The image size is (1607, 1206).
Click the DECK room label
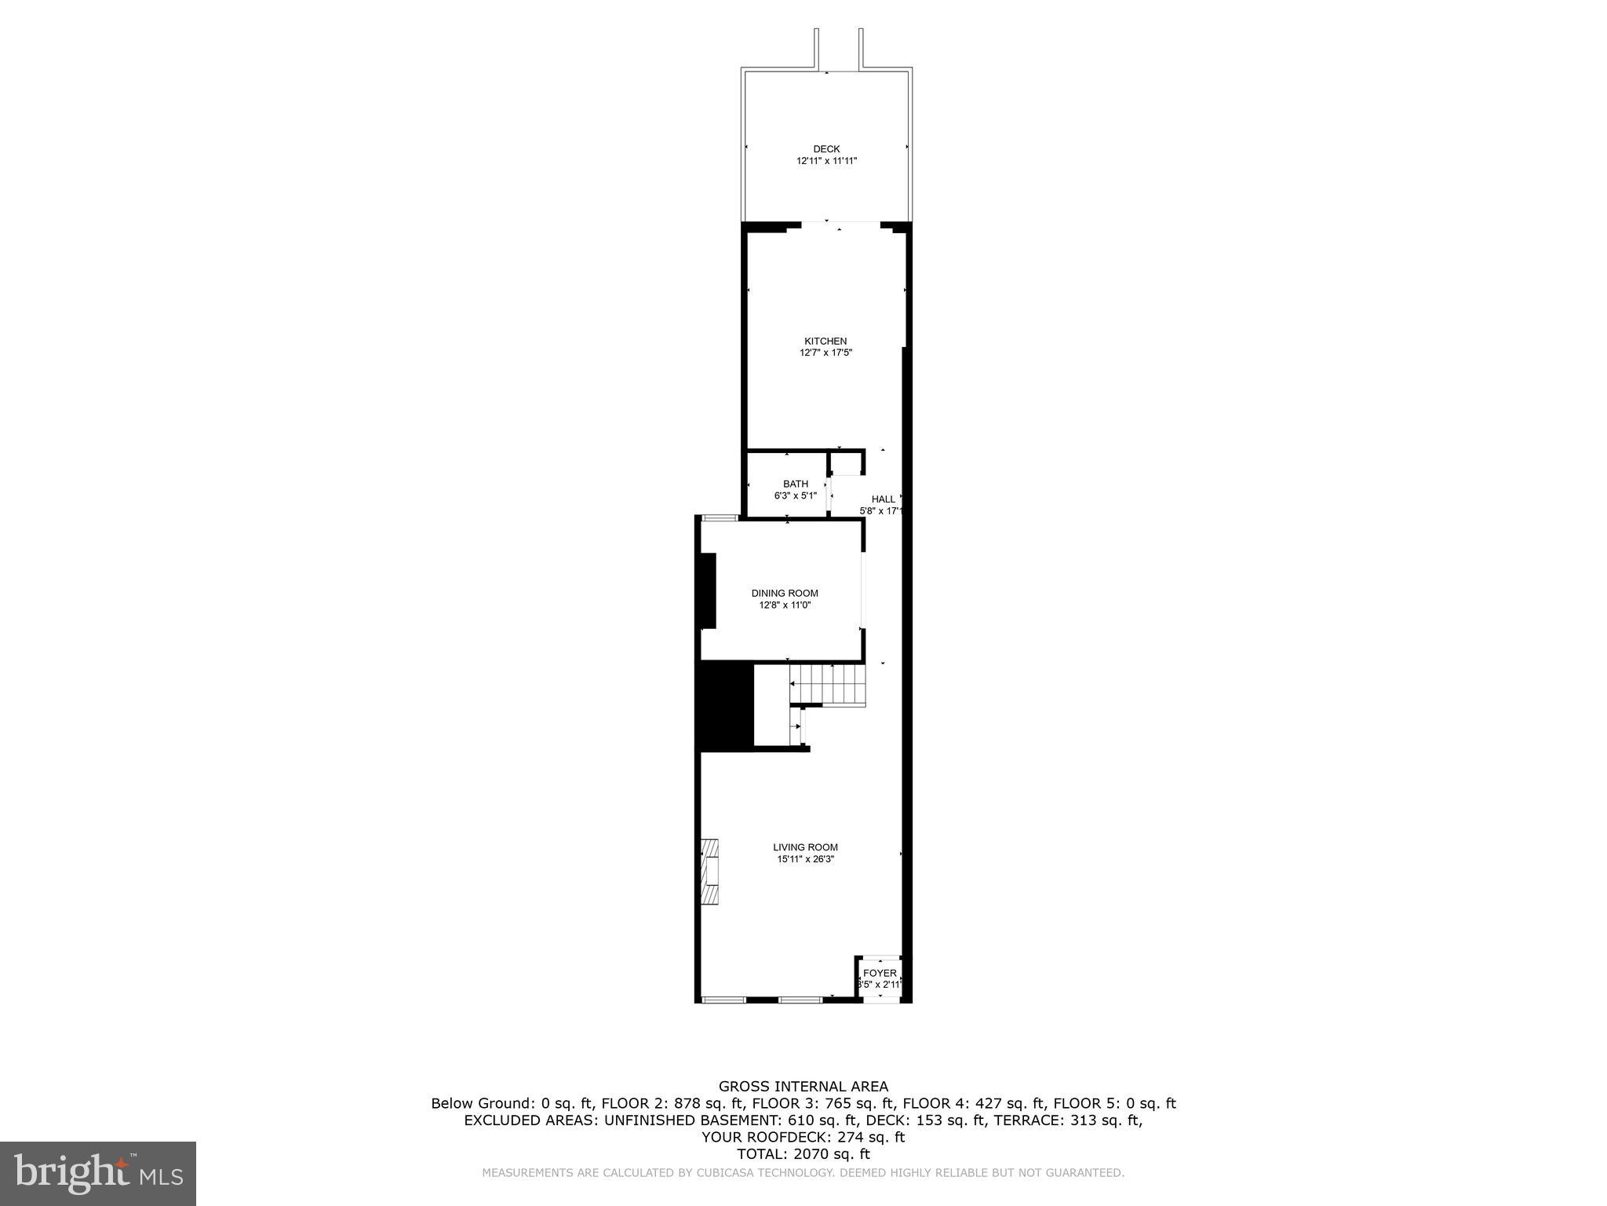pyautogui.click(x=826, y=149)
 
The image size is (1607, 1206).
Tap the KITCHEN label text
pyautogui.click(x=825, y=342)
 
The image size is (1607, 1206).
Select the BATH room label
pyautogui.click(x=795, y=484)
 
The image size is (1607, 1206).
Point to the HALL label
pyautogui.click(x=883, y=499)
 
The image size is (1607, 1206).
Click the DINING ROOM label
pyautogui.click(x=785, y=594)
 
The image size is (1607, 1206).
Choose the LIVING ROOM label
pyautogui.click(x=805, y=847)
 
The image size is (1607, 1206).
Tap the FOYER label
pyautogui.click(x=880, y=974)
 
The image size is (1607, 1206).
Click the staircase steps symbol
pyautogui.click(x=828, y=685)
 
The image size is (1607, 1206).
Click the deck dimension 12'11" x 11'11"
pyautogui.click(x=826, y=161)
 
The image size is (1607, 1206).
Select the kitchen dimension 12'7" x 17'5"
pyautogui.click(x=825, y=353)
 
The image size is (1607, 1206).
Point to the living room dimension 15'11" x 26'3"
pyautogui.click(x=805, y=859)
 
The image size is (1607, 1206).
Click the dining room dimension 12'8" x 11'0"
pyautogui.click(x=785, y=605)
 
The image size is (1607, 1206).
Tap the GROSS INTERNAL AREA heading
pyautogui.click(x=803, y=1087)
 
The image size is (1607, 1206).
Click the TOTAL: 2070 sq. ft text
pyautogui.click(x=803, y=1154)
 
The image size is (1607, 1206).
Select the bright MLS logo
pyautogui.click(x=98, y=1173)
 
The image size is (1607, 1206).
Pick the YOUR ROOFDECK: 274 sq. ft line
pyautogui.click(x=803, y=1137)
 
